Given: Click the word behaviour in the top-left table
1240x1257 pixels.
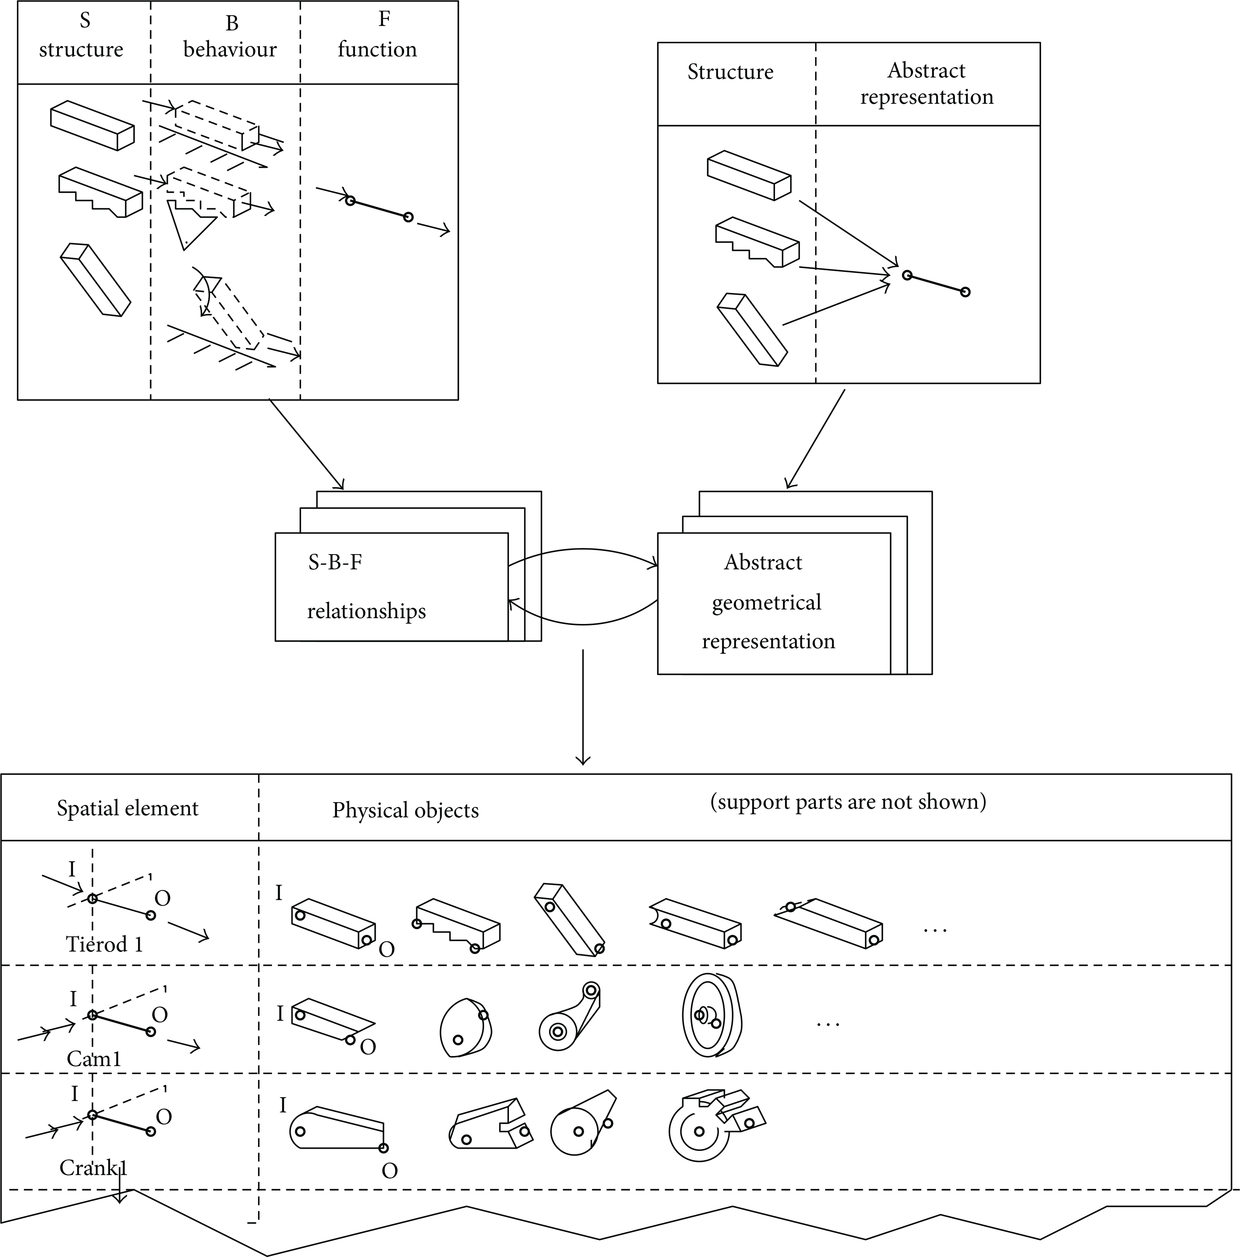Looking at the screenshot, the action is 230,49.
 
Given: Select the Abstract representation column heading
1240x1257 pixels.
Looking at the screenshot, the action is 927,83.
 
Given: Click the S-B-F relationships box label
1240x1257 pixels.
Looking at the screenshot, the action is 366,586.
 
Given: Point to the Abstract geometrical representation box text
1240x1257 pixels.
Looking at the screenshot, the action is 767,602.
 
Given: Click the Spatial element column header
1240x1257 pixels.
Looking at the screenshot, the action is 127,808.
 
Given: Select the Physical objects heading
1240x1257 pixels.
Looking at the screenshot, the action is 405,810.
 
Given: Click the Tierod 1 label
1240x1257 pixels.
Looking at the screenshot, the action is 104,944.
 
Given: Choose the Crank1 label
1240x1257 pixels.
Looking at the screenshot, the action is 93,1168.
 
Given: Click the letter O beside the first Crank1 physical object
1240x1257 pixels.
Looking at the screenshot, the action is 389,1171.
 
